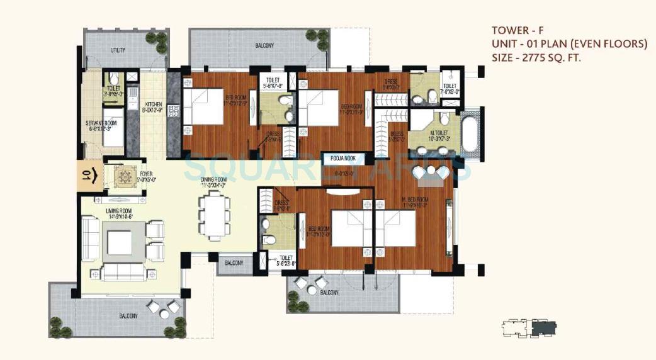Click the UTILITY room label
(118, 50)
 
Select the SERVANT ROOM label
(98, 123)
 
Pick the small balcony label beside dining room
(234, 262)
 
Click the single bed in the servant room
(113, 127)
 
